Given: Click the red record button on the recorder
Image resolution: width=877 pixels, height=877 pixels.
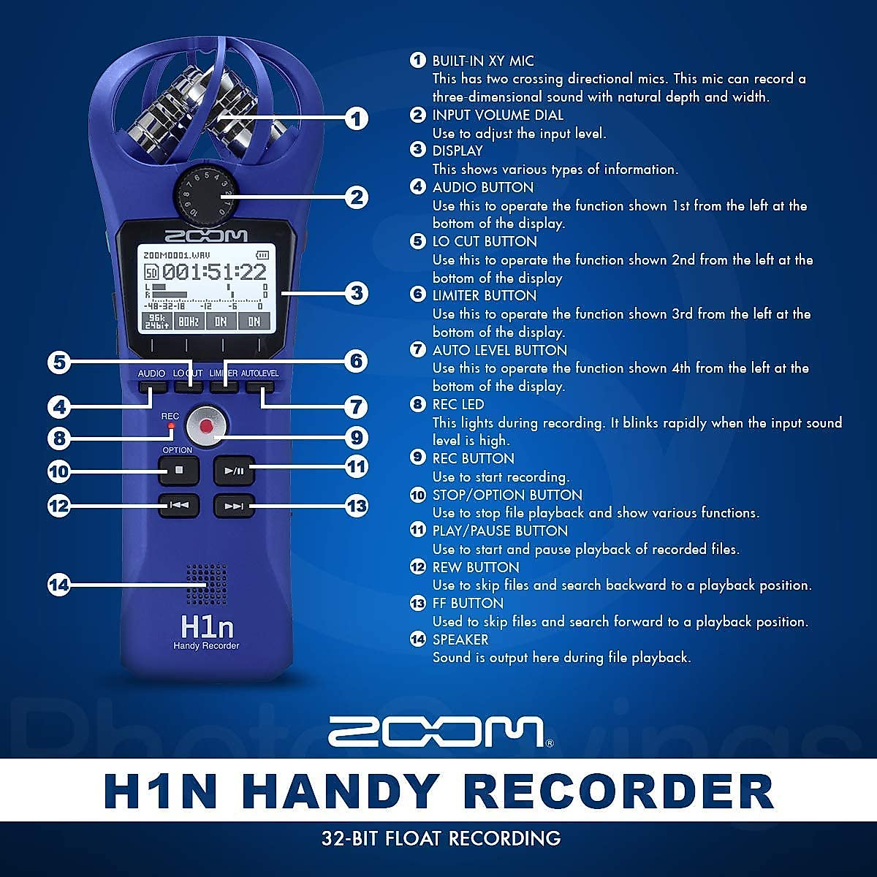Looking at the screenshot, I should tap(206, 425).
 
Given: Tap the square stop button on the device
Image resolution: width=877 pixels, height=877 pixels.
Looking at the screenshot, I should tap(178, 470).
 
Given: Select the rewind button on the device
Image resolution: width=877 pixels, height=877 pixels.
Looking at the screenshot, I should tap(179, 505).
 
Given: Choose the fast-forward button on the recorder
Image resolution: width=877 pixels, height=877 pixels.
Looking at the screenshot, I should tap(234, 506).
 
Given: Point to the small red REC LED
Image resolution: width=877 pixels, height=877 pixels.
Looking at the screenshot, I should tap(171, 425).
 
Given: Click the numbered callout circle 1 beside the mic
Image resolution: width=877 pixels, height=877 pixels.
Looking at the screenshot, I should tap(356, 118).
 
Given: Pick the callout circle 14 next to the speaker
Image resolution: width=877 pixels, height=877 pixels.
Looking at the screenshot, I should tap(59, 585).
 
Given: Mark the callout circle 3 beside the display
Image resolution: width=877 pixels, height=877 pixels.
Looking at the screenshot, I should tap(356, 293).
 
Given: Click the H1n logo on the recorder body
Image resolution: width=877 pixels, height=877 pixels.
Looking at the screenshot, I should tap(206, 627).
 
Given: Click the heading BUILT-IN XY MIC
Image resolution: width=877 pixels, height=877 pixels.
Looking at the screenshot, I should tap(482, 61).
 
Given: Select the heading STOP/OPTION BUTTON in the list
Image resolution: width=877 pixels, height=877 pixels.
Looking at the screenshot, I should tap(507, 495).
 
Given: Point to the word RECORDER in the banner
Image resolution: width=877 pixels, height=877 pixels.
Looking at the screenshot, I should tap(618, 790).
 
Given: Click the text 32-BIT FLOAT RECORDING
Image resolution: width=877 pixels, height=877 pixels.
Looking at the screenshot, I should tap(441, 838).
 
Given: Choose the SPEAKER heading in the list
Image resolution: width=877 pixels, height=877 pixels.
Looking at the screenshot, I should tap(460, 639).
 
